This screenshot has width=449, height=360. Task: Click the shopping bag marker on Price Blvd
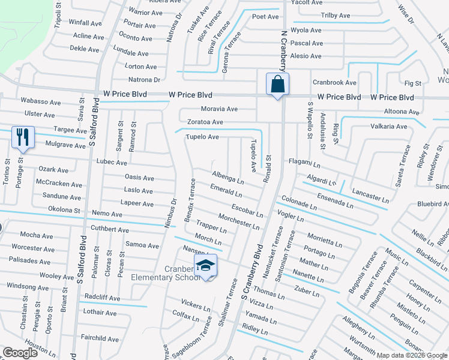click(277, 85)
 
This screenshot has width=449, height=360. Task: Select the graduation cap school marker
click(205, 265)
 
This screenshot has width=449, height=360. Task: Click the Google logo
click(21, 353)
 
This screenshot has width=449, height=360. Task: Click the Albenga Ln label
click(228, 177)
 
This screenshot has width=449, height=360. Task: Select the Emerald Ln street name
click(226, 191)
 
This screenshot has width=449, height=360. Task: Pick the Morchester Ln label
click(238, 221)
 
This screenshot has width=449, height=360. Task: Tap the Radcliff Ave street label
click(102, 298)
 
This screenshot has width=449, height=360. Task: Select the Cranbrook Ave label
click(334, 82)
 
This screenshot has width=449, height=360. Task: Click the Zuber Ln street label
click(307, 291)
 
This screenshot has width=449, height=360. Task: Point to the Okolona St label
click(65, 210)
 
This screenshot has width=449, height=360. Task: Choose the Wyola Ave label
click(306, 30)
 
